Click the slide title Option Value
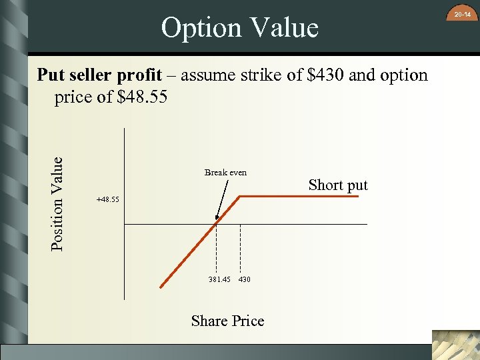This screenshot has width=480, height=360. click(239, 28)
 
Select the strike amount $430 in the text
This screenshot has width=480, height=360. click(325, 75)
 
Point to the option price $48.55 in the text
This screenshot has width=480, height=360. click(141, 97)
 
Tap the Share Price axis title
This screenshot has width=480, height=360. click(227, 321)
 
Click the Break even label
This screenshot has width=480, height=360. click(225, 172)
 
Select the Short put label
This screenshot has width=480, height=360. click(338, 185)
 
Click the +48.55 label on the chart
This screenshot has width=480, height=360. click(107, 199)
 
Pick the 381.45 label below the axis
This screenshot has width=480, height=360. click(219, 279)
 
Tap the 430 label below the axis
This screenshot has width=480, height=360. click(244, 279)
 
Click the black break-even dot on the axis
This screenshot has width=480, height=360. click(216, 224)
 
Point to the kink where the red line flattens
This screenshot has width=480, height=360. click(240, 196)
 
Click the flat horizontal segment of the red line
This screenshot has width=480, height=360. click(300, 196)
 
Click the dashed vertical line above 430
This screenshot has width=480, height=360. click(240, 247)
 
